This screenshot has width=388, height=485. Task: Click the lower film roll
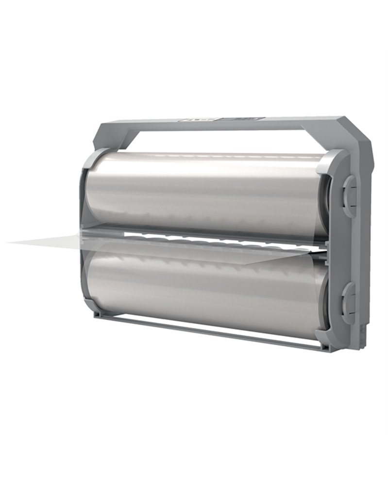[x=204, y=286]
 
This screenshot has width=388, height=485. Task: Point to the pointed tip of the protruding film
[x=10, y=242]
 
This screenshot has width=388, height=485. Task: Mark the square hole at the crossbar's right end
[x=320, y=345]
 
